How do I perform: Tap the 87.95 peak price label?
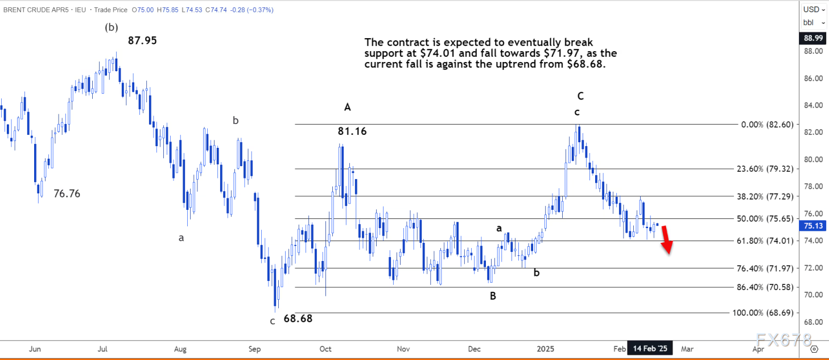tap(142, 40)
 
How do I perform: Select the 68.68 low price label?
tap(298, 318)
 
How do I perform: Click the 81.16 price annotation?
tap(352, 131)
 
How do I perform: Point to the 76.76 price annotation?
tap(67, 193)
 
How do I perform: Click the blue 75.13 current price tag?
tap(812, 225)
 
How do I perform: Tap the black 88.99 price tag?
tap(812, 38)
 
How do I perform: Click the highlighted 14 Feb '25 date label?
tap(650, 347)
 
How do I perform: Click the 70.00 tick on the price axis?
tap(812, 295)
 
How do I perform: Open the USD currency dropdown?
tap(812, 9)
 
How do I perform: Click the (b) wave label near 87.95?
tap(111, 27)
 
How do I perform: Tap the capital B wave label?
tap(493, 296)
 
